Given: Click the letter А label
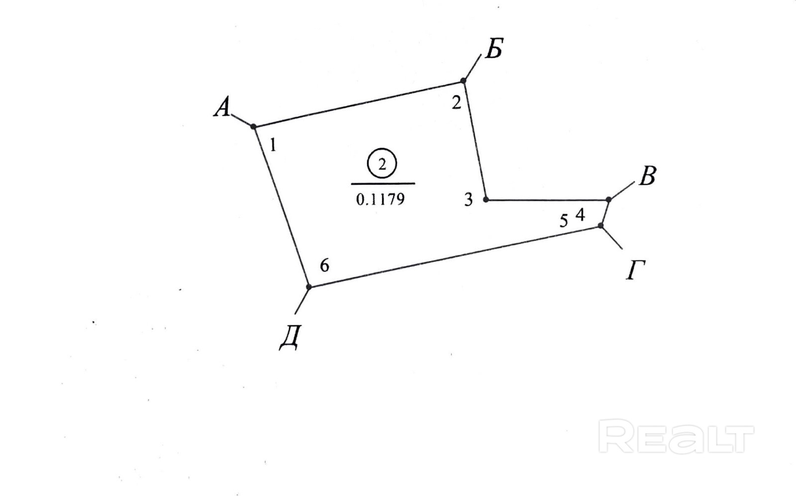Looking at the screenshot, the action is [x=222, y=107].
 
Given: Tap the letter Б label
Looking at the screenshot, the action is [x=494, y=49].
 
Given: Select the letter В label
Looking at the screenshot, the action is [x=647, y=176].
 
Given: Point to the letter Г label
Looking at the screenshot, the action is [x=635, y=271].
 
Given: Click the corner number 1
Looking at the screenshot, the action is [x=273, y=145].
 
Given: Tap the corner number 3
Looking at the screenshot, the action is [x=468, y=200].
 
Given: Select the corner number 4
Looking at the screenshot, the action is [x=580, y=215].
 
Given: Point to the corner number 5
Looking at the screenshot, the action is [x=564, y=221].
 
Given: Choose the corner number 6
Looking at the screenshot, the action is [x=324, y=266].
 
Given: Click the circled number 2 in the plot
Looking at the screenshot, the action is [x=382, y=164].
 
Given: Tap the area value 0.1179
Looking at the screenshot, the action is [x=381, y=199].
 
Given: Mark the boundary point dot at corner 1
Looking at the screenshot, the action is [x=253, y=127].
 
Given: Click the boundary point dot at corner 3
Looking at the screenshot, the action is [x=486, y=199].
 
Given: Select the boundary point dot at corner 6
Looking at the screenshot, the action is [x=308, y=287].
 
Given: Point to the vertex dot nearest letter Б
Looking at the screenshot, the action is [x=463, y=81].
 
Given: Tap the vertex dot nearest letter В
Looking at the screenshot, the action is [x=608, y=199].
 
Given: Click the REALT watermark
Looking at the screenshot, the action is [x=676, y=436].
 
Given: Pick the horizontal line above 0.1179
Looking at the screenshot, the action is [x=383, y=184].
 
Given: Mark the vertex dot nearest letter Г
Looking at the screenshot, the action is [x=600, y=226].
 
